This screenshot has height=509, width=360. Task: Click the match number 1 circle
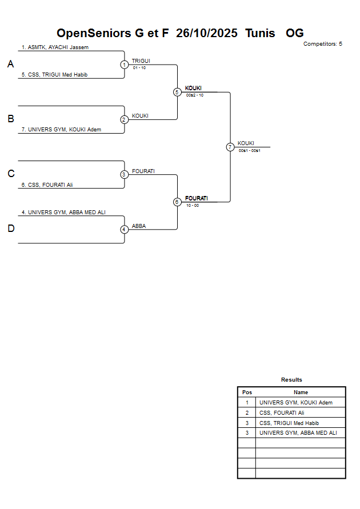click(125, 65)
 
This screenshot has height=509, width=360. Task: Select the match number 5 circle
click(177, 92)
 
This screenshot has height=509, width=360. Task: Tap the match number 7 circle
click(230, 147)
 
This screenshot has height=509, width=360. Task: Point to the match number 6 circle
click(177, 202)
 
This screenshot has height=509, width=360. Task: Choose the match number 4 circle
click(125, 229)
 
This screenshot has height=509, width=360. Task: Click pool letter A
click(10, 65)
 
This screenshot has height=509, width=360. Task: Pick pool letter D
click(10, 229)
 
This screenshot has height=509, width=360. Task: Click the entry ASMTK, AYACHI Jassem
click(55, 47)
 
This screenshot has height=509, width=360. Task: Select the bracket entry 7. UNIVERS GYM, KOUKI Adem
click(61, 130)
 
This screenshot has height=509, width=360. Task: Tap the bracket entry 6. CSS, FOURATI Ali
click(47, 185)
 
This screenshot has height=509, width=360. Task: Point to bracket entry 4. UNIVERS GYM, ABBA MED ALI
click(63, 213)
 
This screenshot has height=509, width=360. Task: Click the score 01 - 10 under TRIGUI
click(139, 68)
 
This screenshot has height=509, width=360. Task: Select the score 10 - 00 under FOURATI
click(193, 205)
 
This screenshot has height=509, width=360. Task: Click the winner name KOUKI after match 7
click(246, 143)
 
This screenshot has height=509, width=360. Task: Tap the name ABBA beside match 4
click(139, 226)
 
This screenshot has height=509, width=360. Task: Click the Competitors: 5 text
click(323, 44)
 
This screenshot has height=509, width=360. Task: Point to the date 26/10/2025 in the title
click(207, 33)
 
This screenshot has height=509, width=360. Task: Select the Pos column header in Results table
click(247, 392)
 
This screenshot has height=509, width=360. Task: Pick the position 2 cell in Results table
click(247, 413)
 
